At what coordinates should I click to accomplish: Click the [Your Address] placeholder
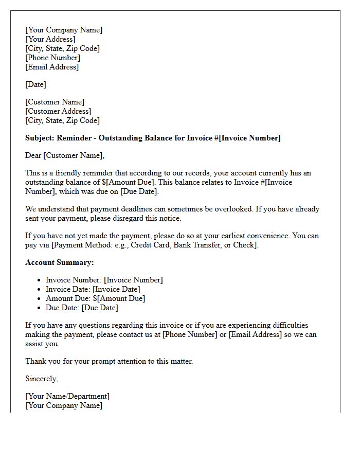pos(50,39)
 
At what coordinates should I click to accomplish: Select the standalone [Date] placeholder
pos(35,84)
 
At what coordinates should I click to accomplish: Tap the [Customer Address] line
pos(58,111)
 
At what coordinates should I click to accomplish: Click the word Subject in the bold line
pos(40,138)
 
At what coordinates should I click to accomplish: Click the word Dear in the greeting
pos(33,155)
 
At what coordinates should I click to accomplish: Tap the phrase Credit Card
pos(151,245)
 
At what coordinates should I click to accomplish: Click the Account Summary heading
pos(60,262)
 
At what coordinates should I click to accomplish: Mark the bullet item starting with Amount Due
pos(95,298)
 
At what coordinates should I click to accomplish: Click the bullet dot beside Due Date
pos(40,308)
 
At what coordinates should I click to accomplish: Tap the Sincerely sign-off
pos(41,379)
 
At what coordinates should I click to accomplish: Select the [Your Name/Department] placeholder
pos(67,396)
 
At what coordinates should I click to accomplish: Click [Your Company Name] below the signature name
pos(64,405)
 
